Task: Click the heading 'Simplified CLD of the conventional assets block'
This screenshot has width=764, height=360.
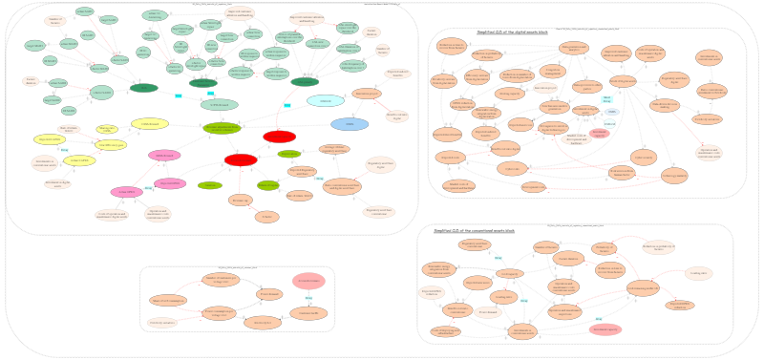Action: (x=474, y=230)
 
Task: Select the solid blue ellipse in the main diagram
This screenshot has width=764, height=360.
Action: (x=350, y=124)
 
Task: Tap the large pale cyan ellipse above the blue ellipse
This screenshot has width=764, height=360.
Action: (x=326, y=101)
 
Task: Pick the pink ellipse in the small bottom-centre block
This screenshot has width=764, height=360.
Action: (x=308, y=281)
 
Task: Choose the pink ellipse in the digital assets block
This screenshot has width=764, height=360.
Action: (x=599, y=133)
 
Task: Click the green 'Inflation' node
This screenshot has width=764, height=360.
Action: (x=209, y=185)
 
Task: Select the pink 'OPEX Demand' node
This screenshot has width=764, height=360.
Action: (x=164, y=155)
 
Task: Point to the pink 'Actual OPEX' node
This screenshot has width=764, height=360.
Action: (x=127, y=192)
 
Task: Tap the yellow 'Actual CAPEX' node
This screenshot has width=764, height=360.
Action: (x=80, y=160)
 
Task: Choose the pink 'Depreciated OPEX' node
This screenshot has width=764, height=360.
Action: (x=169, y=183)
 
